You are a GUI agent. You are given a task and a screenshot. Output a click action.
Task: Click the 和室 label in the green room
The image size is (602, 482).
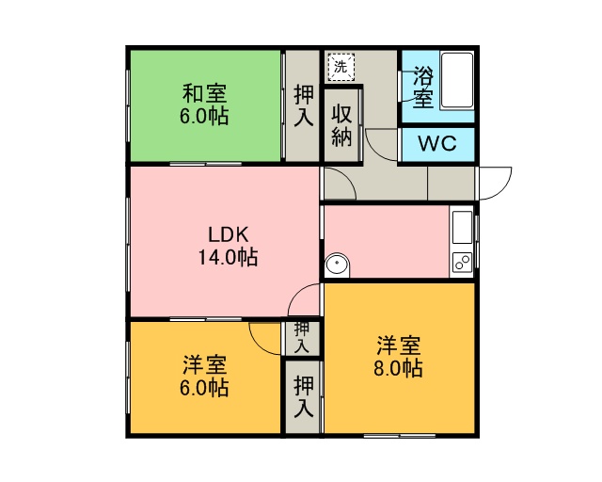(205, 93)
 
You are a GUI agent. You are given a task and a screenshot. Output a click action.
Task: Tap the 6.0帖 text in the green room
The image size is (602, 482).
(204, 116)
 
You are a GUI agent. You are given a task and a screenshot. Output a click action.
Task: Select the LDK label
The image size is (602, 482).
(228, 234)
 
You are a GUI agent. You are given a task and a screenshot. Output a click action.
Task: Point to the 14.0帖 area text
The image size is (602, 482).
(228, 257)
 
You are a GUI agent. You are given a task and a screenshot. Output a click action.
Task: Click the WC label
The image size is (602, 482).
(437, 144)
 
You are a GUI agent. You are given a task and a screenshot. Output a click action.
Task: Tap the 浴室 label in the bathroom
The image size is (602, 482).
(423, 88)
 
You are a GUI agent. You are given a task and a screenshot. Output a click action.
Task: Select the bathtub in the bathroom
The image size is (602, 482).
(457, 80)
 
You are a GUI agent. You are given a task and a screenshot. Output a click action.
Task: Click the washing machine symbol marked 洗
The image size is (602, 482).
(341, 67)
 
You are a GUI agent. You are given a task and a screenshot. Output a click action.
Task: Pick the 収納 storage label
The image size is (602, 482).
(341, 125)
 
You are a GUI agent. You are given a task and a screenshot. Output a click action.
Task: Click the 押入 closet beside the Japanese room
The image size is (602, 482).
(303, 105)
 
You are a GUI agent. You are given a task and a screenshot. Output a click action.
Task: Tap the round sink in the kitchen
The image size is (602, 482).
(337, 264)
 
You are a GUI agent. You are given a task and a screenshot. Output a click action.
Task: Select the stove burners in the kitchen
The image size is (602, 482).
(463, 263)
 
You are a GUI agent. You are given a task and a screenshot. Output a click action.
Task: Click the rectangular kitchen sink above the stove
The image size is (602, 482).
(463, 227)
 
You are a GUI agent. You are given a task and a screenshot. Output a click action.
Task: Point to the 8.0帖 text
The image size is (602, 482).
(399, 368)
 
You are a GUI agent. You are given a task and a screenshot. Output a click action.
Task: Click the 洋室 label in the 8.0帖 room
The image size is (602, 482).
(399, 345)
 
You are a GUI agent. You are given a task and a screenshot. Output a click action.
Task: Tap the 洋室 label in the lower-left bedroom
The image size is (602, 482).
(205, 365)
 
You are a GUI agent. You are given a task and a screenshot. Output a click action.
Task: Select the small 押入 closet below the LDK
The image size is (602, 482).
(301, 338)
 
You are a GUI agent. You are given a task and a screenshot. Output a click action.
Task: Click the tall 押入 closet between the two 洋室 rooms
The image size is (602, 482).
(303, 397)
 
